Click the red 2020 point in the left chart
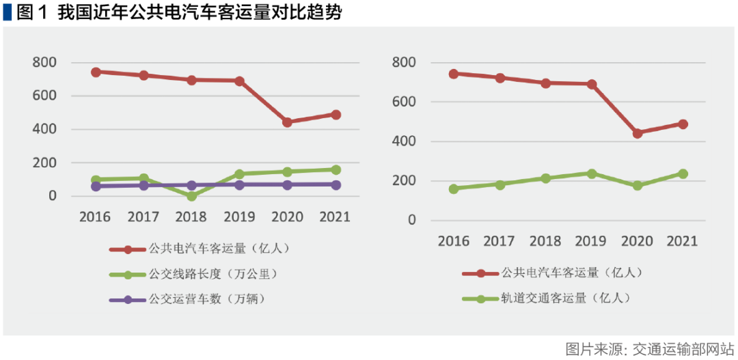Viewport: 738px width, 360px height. click(287, 122)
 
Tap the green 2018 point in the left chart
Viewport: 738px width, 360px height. click(191, 196)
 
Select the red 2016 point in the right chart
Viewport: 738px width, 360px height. click(454, 73)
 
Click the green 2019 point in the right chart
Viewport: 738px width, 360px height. click(592, 174)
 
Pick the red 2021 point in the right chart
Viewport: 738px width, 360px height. click(683, 124)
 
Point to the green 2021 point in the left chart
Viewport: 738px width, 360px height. click(336, 169)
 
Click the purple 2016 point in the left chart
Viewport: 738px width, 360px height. click(96, 186)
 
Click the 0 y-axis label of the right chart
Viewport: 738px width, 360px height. click(412, 221)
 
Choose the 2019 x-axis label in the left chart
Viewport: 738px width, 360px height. click(239, 217)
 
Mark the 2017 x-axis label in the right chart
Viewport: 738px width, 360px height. click(500, 241)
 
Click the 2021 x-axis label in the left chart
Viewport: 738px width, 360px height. click(336, 217)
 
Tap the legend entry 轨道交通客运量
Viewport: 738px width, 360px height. click(565, 298)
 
